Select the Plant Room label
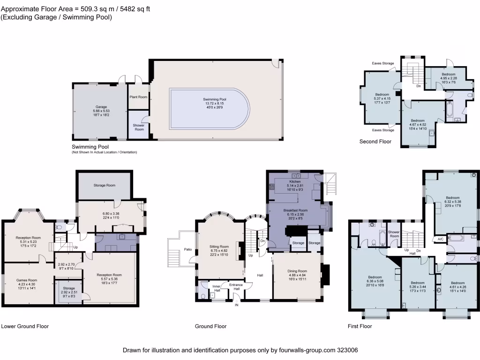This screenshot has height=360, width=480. (138, 97)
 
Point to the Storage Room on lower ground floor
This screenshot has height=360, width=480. (104, 185)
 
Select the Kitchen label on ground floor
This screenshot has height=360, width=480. (295, 181)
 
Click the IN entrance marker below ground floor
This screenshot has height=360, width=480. (237, 305)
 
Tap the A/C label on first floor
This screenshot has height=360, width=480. (440, 239)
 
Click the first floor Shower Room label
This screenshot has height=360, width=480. (394, 234)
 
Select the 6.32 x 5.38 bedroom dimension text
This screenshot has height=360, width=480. (452, 202)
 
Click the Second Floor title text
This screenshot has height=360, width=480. (375, 141)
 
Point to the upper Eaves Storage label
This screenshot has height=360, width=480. (383, 63)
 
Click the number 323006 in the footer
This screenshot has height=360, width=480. (347, 350)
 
